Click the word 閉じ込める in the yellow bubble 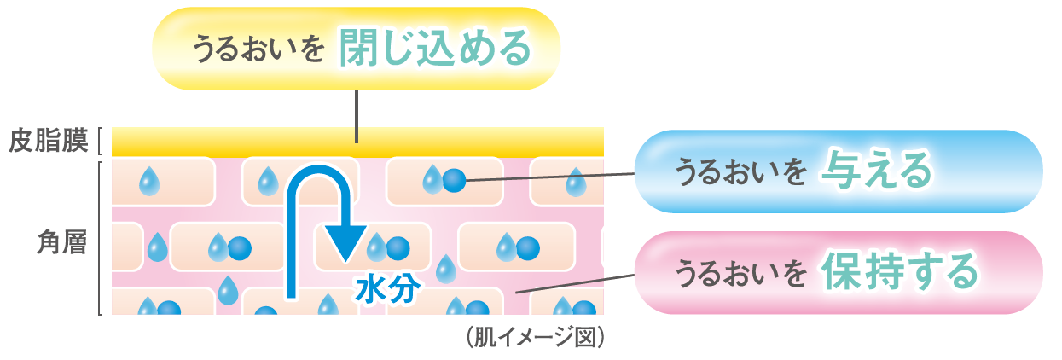[434, 49]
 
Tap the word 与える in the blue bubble [873, 171]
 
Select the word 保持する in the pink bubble [899, 272]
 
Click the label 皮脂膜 [49, 140]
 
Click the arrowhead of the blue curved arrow [345, 244]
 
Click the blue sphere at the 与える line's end [455, 180]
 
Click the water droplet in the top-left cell [150, 180]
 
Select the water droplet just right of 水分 [444, 269]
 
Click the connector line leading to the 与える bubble [554, 177]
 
